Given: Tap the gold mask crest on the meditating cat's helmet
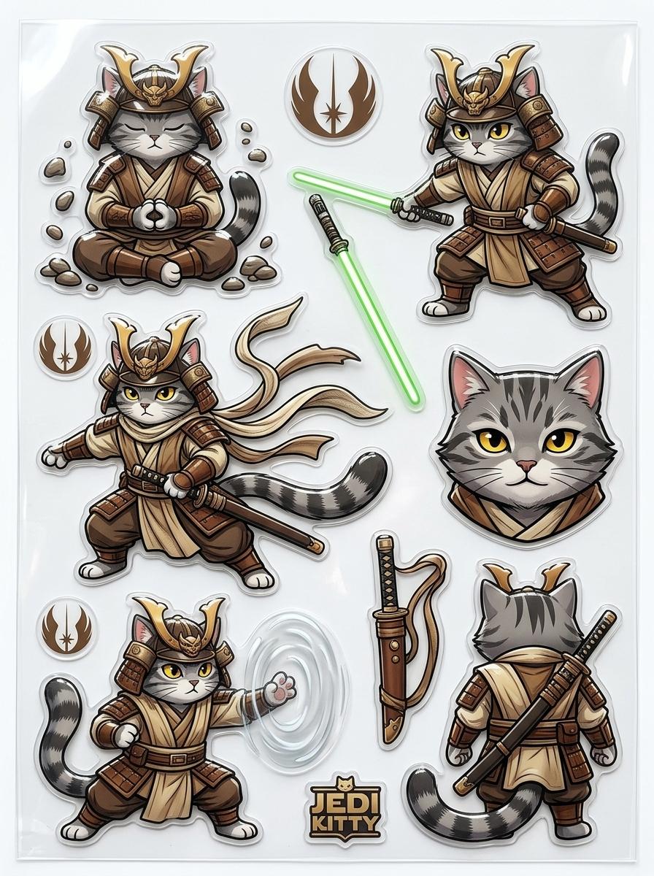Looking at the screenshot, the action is coord(153,95).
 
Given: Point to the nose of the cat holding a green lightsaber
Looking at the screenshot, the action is coord(476,144).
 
